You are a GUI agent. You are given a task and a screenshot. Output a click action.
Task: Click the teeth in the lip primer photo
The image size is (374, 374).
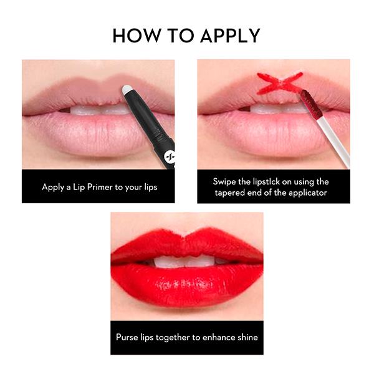[93, 110]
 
